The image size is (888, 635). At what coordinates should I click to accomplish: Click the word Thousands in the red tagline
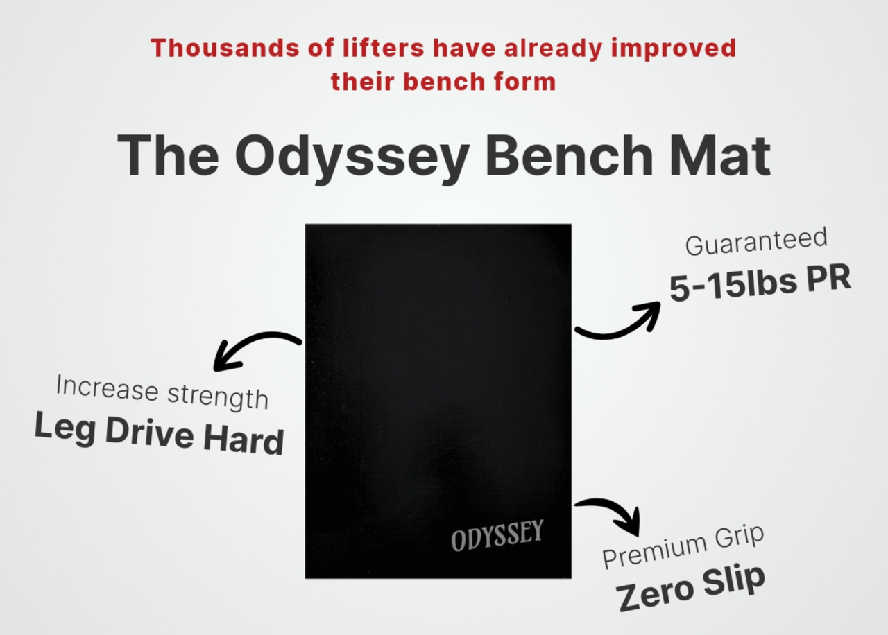pos(225,49)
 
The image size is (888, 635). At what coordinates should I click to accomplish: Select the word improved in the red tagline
pos(673,49)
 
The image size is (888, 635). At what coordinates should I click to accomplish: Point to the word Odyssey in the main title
pos(352,157)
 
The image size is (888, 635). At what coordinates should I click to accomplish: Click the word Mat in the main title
pos(720,155)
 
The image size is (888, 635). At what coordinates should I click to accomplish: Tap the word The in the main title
pos(168,155)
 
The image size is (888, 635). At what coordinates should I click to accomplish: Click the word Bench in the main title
pos(570,155)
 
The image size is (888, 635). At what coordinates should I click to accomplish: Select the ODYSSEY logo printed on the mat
pos(497,536)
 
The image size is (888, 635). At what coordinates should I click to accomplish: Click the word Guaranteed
pos(756,241)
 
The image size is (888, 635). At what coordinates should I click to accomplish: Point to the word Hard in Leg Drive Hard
pos(244,440)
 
